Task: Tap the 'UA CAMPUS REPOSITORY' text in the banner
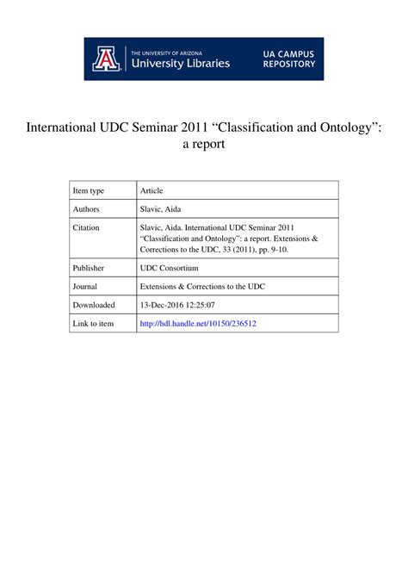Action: (287, 59)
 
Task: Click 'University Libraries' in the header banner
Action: (180, 63)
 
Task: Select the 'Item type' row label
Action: (89, 190)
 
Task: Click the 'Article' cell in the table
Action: (151, 190)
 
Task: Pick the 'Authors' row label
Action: (87, 209)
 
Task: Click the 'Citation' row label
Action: (87, 227)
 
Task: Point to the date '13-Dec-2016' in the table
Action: (165, 305)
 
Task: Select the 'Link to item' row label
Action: (93, 324)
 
